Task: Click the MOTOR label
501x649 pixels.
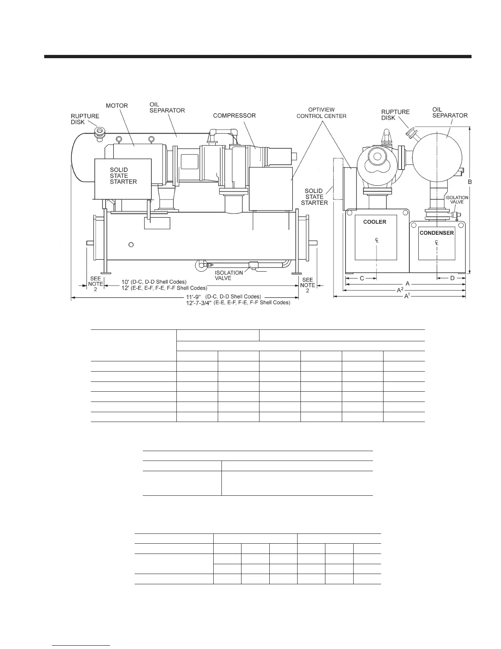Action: pyautogui.click(x=117, y=106)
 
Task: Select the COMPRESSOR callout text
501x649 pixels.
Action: pyautogui.click(x=234, y=116)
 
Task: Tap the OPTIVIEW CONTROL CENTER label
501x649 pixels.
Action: pyautogui.click(x=321, y=113)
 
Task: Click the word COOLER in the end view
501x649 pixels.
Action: pyautogui.click(x=375, y=222)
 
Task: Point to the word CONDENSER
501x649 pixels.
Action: pyautogui.click(x=437, y=233)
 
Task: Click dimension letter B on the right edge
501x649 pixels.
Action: pyautogui.click(x=469, y=182)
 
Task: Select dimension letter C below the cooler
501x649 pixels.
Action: pyautogui.click(x=362, y=278)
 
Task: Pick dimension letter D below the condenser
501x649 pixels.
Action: pyautogui.click(x=452, y=278)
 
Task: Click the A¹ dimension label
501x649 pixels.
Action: pyautogui.click(x=407, y=296)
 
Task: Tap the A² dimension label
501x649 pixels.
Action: pyautogui.click(x=400, y=290)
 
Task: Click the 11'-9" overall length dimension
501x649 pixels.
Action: pyautogui.click(x=193, y=297)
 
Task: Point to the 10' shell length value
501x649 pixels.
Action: pyautogui.click(x=125, y=282)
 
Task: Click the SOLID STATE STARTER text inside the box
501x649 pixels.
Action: pyautogui.click(x=123, y=176)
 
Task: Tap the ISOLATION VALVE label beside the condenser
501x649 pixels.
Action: pyautogui.click(x=457, y=200)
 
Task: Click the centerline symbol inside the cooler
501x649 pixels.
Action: pyautogui.click(x=377, y=240)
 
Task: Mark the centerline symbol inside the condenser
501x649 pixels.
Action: pyautogui.click(x=437, y=243)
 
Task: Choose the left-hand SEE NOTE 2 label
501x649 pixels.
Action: pyautogui.click(x=95, y=284)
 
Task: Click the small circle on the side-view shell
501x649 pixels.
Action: pyautogui.click(x=131, y=245)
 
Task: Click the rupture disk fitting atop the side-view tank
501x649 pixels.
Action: pyautogui.click(x=99, y=133)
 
